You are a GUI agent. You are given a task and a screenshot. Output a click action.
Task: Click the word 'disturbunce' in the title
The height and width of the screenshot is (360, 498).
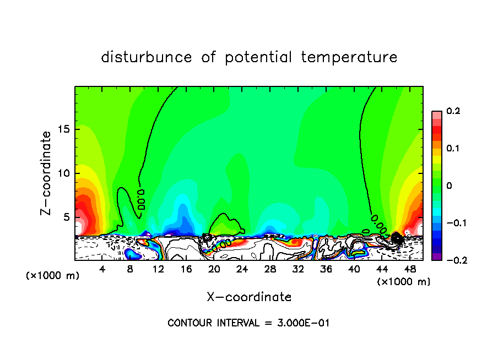click(147, 57)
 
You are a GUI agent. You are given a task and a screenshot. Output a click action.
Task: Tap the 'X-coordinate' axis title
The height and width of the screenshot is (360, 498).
click(249, 297)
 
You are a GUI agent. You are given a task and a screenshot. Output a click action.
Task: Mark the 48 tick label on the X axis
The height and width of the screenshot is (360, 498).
click(410, 269)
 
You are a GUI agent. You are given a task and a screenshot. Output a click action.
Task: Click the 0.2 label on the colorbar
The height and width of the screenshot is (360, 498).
click(453, 111)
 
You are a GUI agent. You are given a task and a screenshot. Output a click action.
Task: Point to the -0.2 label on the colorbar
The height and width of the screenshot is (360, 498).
click(454, 260)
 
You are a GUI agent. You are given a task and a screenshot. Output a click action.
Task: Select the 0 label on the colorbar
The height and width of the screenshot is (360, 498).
click(449, 186)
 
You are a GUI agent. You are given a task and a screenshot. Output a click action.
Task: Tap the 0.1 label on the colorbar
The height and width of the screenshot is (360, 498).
click(453, 148)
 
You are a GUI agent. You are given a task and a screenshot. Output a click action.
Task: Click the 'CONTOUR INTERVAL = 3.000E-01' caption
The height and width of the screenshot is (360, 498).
click(248, 323)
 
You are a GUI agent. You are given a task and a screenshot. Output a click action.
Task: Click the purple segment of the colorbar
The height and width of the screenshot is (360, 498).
click(437, 257)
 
